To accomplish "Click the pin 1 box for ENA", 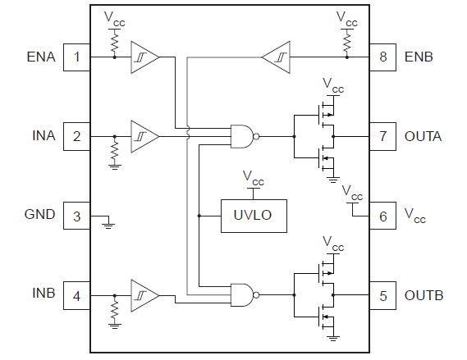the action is point(77,57).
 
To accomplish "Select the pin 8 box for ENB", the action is point(382,57).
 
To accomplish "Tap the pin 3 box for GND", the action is point(77,216).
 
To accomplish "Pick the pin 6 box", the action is point(382,216).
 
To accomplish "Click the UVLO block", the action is point(254,216).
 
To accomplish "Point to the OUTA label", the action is point(423,136).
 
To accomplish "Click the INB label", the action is point(43,293).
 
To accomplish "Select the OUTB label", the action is point(424,295).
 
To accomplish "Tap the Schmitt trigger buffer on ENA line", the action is point(144,57).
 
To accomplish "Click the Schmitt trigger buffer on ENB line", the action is point(276,57).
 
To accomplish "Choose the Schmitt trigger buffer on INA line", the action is point(144,136).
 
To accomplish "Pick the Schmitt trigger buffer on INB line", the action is point(144,295).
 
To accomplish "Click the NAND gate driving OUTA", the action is point(245,136).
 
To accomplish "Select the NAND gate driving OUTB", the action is point(245,295).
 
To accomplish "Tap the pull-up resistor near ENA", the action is point(114,42).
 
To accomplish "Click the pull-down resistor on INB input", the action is point(114,309).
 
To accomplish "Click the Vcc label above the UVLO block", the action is point(253,178).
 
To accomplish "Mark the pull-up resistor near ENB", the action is point(346,42).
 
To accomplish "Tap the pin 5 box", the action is point(382,295).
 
